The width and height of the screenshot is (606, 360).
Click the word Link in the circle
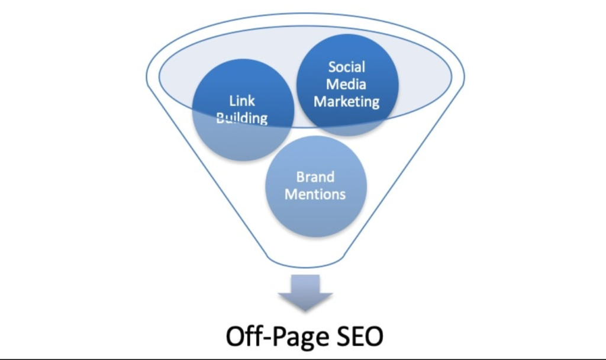pos(242,101)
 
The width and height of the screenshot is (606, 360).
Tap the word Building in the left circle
pos(242,118)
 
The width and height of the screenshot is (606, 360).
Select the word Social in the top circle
pos(347,67)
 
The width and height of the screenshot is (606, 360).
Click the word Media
pos(346,84)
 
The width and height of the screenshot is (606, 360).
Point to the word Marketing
pos(346,102)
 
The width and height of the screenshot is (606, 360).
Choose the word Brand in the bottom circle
pos(315,176)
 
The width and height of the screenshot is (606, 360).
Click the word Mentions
pos(315,194)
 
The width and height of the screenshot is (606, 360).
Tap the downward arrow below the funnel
pos(305,292)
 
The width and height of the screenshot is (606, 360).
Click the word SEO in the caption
pos(359,336)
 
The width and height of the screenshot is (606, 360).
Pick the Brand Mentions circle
pos(316,187)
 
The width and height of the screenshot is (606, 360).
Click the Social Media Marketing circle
pos(347,85)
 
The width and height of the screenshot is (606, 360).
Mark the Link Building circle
pos(243,110)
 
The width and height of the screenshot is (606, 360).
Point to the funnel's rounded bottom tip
pos(305,266)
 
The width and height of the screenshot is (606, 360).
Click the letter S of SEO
pos(343,336)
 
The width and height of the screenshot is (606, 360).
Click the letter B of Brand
pos(301,176)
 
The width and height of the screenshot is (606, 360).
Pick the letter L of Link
pos(233,101)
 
